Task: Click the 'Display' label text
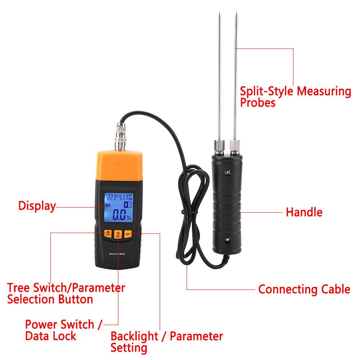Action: click(x=37, y=206)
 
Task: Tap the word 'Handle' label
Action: click(x=304, y=212)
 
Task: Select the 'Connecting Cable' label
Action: click(x=304, y=289)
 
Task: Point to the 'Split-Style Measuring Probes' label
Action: click(x=295, y=97)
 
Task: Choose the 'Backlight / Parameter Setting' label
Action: click(x=167, y=342)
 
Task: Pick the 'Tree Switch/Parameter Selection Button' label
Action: click(x=66, y=293)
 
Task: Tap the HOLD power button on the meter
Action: click(x=118, y=234)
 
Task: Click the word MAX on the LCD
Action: click(x=108, y=206)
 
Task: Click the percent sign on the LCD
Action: click(x=128, y=217)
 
